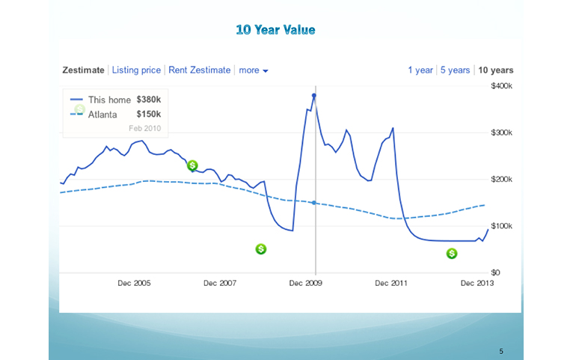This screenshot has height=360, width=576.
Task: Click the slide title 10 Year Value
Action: coord(275,30)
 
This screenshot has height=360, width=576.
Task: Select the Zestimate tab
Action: coord(83,70)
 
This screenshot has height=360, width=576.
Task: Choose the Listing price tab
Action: coord(136,70)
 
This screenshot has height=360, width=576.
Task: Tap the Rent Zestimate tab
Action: coord(199,70)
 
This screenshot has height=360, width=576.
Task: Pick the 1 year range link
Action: coord(420,70)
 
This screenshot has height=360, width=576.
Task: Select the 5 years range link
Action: coord(455,70)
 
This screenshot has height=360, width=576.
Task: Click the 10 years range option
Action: coord(496,70)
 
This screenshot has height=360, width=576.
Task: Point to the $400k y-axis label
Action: coord(501,86)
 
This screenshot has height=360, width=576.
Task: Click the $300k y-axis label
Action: coord(501,132)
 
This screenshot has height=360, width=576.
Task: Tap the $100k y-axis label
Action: coord(501,226)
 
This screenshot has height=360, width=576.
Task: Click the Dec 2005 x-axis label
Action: coord(134,284)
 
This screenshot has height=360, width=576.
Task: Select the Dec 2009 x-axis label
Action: coord(306,284)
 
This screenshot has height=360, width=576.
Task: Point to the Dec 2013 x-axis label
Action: coord(478,284)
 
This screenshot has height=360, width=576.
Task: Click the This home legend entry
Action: coord(109,100)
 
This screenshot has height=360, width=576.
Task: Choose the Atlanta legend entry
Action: coord(102,115)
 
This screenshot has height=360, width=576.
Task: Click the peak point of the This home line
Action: coord(314,96)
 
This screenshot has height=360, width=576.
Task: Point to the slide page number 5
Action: coord(501,351)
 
